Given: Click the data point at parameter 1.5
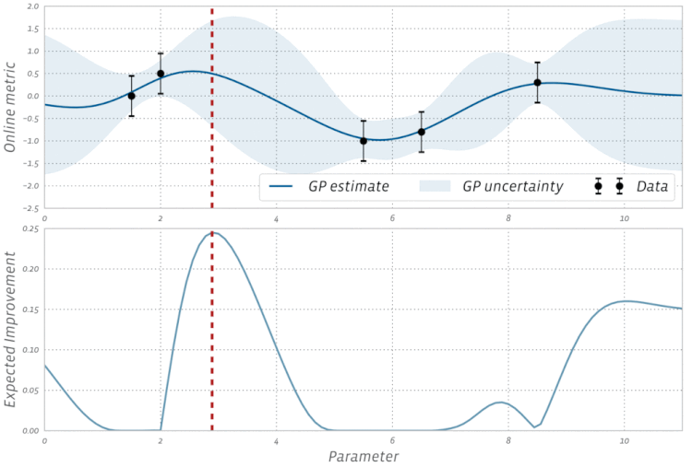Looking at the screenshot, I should tap(131, 96).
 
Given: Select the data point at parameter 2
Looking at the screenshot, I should tap(161, 74).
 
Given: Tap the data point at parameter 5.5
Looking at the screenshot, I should tap(364, 141).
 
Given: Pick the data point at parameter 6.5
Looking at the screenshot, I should tap(422, 132).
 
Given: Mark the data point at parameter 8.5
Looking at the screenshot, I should tap(537, 83).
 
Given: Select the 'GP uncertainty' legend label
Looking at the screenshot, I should tap(512, 187).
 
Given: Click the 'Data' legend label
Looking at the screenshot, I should tap(653, 187).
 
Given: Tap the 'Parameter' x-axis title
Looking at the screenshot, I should tap(363, 456).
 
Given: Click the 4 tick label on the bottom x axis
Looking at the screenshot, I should tap(276, 441).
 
